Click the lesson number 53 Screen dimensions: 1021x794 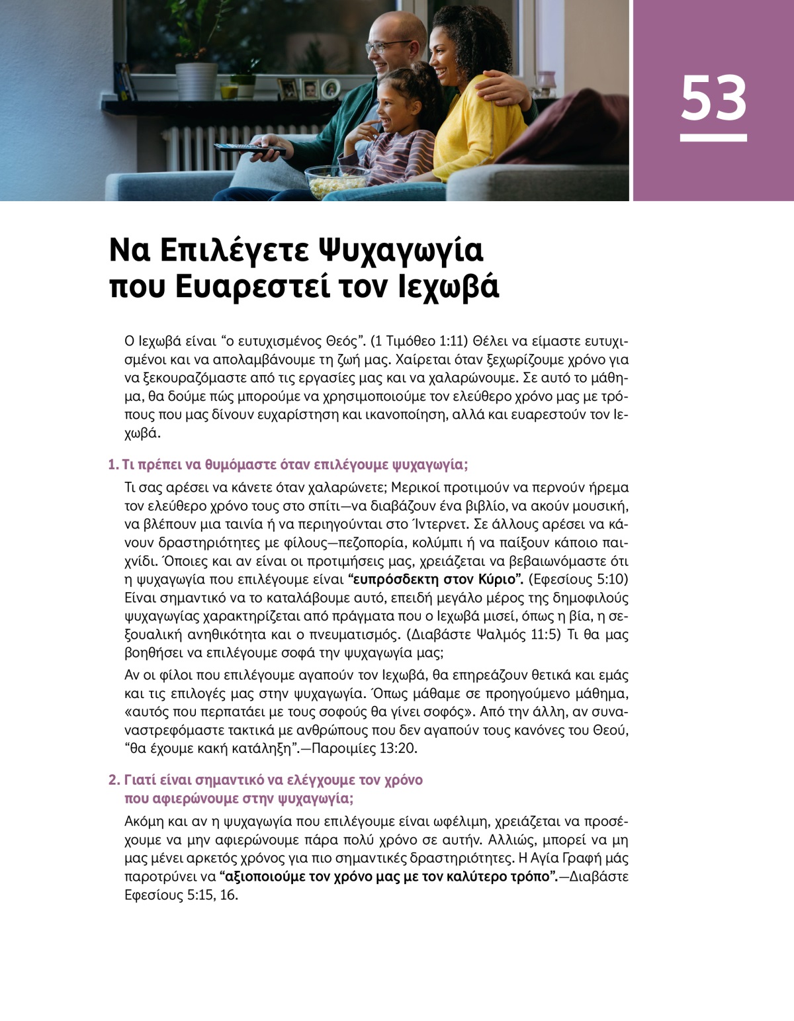pyautogui.click(x=713, y=98)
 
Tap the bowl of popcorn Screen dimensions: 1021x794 pyautogui.click(x=337, y=181)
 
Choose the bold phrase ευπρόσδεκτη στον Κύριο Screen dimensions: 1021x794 pyautogui.click(x=436, y=580)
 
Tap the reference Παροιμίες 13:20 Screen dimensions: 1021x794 pyautogui.click(x=364, y=749)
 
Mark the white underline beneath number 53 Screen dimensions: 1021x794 pyautogui.click(x=713, y=138)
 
